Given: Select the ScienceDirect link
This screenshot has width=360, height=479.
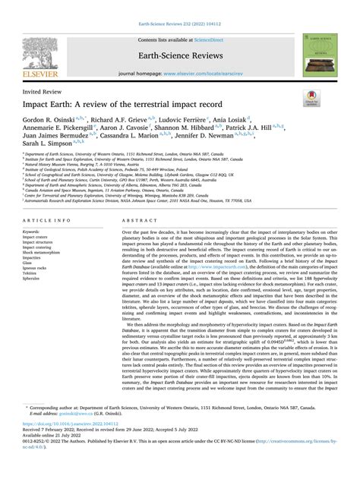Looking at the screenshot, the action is tap(214, 39).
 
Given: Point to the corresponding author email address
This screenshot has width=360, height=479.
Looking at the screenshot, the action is tap(84, 437).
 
